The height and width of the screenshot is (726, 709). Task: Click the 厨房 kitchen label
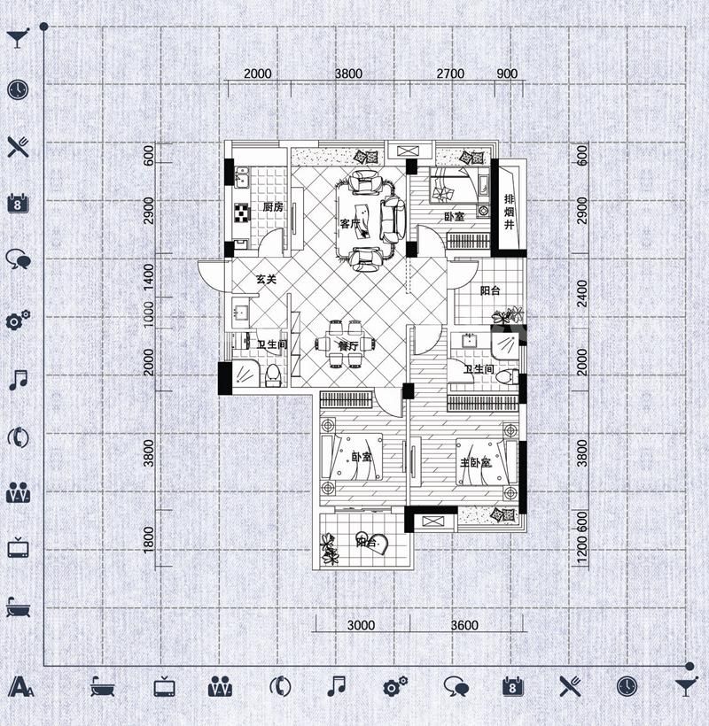(x=273, y=206)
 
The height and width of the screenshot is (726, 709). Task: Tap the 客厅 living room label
(x=350, y=224)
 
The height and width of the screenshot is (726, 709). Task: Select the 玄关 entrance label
(x=267, y=279)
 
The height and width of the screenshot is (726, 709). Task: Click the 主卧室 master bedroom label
(x=476, y=462)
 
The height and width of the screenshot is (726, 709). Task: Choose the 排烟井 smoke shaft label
(x=510, y=212)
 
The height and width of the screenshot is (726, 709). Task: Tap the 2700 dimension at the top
(x=450, y=73)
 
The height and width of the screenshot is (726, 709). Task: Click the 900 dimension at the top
(x=507, y=73)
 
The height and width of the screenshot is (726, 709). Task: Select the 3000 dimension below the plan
(x=361, y=625)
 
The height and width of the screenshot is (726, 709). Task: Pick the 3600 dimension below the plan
(x=464, y=625)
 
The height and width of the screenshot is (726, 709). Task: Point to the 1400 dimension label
(x=148, y=277)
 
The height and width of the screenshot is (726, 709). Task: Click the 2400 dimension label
(x=582, y=293)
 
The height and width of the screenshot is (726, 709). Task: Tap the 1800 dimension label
(x=148, y=539)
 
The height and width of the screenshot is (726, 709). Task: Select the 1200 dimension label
(x=582, y=550)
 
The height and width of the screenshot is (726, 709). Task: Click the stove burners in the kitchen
(x=242, y=212)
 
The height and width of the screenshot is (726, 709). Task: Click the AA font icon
(x=21, y=686)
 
